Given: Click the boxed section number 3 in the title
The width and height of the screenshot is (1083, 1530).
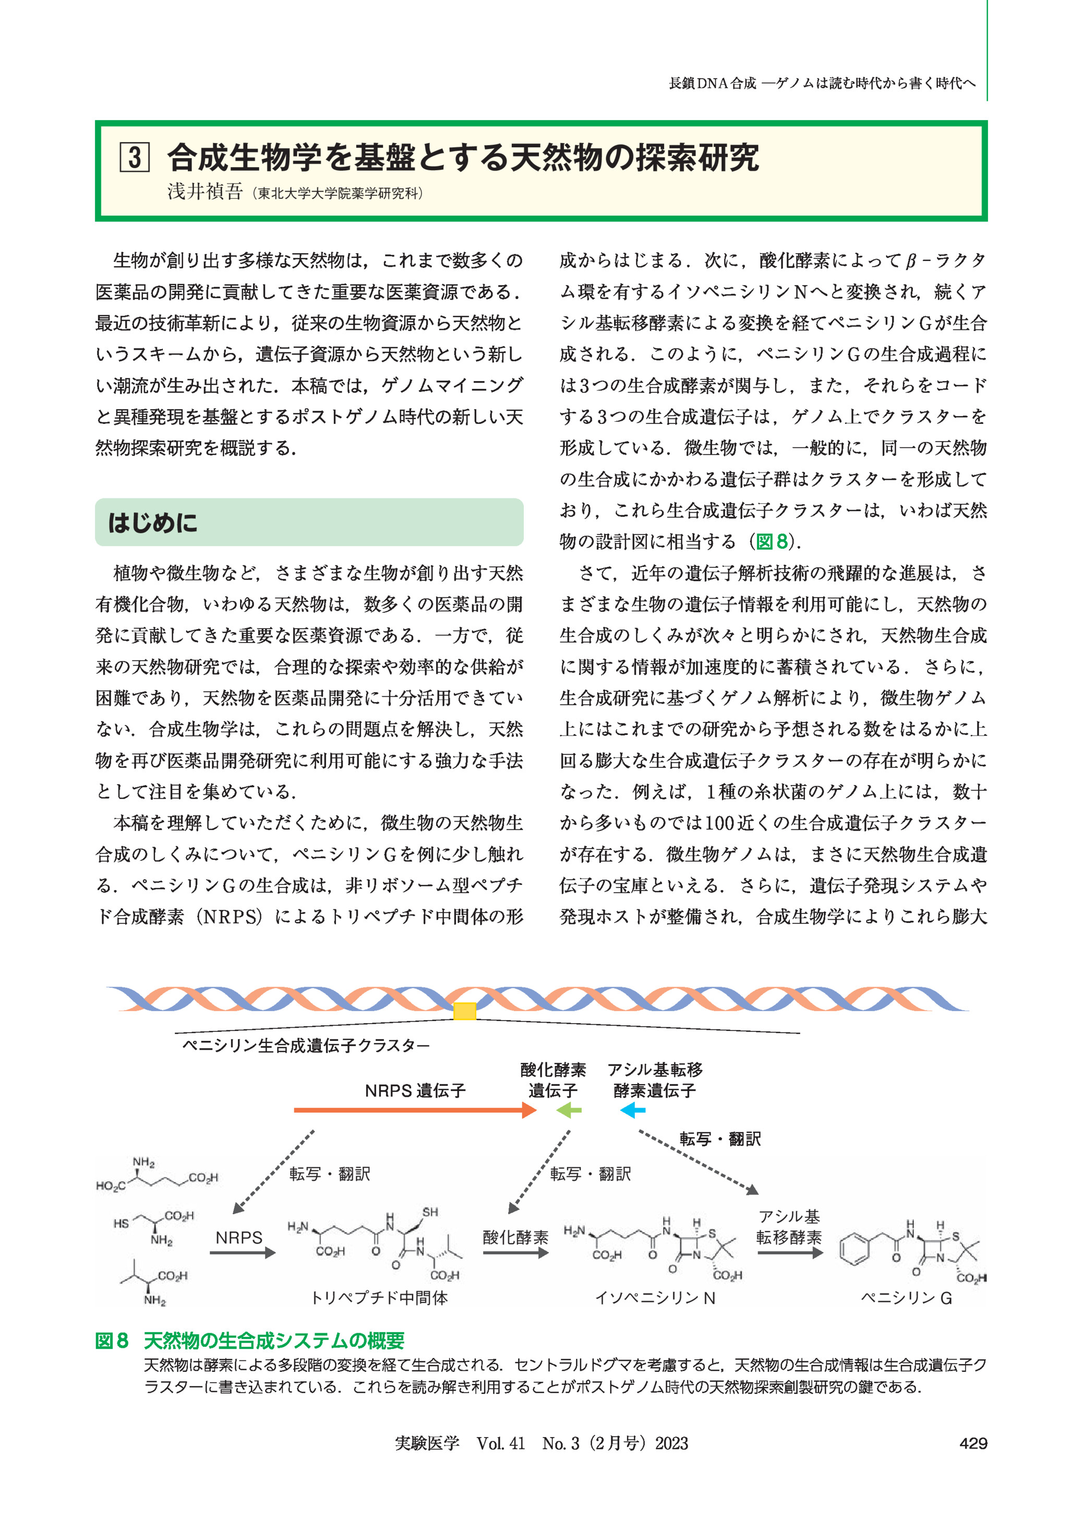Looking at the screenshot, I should point(134,158).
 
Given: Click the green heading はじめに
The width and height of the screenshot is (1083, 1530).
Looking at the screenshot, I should point(153,523).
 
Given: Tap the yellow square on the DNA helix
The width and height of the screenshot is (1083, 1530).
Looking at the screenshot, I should point(464,1012).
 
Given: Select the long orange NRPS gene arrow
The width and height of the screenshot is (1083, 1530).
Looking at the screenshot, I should point(414,1110).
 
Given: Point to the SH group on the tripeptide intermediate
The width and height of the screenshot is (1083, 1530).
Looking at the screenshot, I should point(430,1213).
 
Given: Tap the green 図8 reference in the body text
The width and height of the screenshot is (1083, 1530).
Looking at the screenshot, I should point(772,542).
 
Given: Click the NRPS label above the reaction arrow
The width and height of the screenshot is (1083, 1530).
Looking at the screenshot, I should point(239,1238).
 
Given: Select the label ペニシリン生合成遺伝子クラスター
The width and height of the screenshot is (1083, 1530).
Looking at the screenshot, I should point(306,1046).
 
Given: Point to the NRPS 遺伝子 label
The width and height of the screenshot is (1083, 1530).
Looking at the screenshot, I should point(415,1091).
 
